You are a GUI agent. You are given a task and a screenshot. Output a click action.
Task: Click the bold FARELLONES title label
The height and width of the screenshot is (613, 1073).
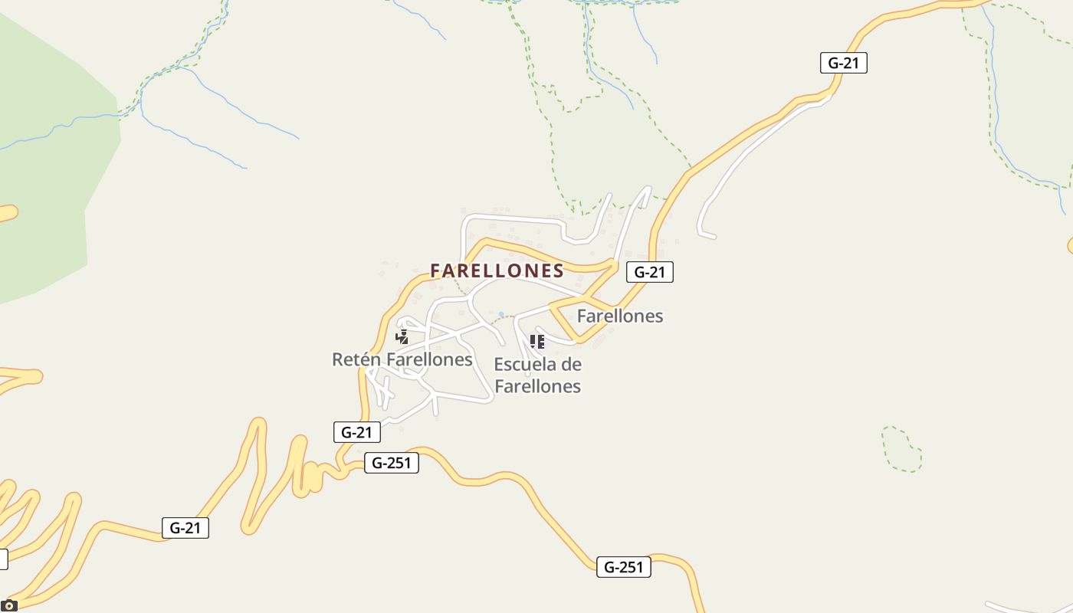[x=497, y=270]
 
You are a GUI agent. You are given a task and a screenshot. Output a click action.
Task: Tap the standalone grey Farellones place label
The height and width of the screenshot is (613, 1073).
[x=619, y=316]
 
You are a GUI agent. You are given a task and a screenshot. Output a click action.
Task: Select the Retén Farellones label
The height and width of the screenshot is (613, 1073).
[x=402, y=359]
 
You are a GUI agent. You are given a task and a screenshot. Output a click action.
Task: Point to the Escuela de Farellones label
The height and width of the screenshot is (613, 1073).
[x=537, y=375]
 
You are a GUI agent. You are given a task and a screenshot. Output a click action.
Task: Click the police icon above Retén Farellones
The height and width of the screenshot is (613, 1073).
[x=402, y=337]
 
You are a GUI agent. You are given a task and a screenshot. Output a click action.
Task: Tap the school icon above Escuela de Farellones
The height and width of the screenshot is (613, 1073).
[x=536, y=341]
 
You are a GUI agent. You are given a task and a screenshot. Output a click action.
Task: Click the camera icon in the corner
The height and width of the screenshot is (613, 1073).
[x=8, y=606]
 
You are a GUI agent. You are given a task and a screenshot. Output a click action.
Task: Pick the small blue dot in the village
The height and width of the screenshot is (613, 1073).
[x=501, y=314]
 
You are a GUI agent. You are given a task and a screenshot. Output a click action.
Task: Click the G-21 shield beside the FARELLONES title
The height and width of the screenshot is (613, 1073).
[x=649, y=272]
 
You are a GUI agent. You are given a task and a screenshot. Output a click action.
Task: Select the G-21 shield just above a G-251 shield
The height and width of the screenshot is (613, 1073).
[x=357, y=432]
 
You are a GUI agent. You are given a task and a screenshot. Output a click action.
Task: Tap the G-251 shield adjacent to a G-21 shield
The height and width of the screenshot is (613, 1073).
[x=391, y=463]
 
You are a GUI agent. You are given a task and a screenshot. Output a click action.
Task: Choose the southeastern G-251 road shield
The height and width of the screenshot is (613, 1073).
[x=623, y=567]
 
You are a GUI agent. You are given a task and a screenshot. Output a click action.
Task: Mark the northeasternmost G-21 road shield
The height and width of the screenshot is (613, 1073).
[x=843, y=63]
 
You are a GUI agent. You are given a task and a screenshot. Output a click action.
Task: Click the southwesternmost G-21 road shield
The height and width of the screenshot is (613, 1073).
[x=185, y=528]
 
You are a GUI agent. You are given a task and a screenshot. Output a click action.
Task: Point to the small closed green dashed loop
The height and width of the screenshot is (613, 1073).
[x=901, y=449]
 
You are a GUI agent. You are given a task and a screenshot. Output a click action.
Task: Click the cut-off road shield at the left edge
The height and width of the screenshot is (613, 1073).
[x=3, y=559]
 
